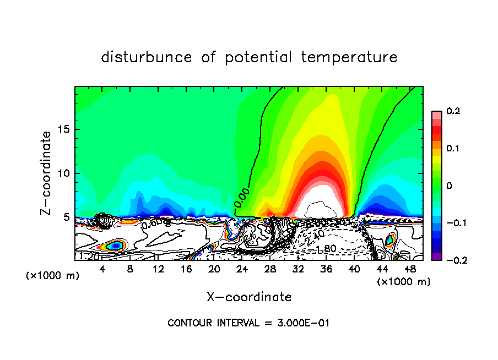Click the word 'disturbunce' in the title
tap(146, 57)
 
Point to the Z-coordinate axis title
tap(47, 173)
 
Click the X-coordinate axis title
tap(248, 297)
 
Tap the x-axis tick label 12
tap(158, 269)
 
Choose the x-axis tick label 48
tap(410, 269)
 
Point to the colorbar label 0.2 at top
tap(453, 111)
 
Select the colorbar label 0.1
tap(453, 149)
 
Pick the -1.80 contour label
tap(326, 249)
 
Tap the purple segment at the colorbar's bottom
tap(436, 257)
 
